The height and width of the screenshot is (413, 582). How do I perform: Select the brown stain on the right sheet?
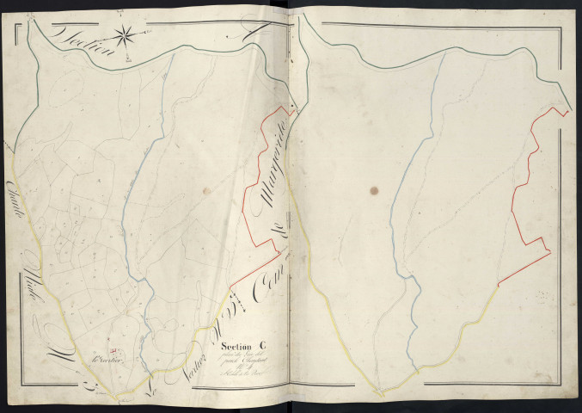pyautogui.click(x=373, y=188)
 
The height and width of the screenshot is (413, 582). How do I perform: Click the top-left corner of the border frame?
pyautogui.click(x=18, y=18)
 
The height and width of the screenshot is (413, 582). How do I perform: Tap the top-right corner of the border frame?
pyautogui.click(x=567, y=18)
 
